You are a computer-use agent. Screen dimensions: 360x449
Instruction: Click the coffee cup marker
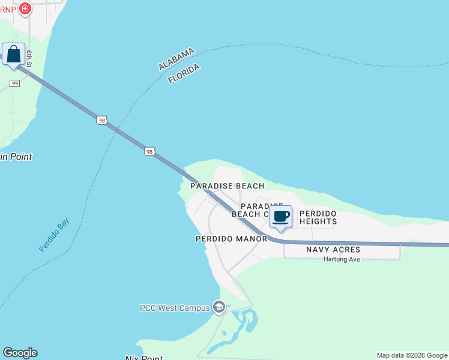[280, 217]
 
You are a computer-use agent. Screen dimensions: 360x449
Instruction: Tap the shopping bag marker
[13, 55]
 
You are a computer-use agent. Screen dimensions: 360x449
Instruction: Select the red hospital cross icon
[25, 8]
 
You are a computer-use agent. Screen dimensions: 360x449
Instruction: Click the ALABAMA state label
[176, 59]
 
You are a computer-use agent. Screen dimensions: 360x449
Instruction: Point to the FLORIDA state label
[184, 74]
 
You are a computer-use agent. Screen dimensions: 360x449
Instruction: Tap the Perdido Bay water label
[54, 235]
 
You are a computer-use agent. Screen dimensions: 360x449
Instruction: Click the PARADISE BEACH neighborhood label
[227, 186]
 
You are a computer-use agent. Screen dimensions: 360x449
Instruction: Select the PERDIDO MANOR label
[231, 239]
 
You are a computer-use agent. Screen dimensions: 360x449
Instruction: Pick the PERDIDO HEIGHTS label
[318, 217]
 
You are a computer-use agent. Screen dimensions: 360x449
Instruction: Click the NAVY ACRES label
[333, 249]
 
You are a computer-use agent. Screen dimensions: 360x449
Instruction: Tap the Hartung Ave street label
[342, 259]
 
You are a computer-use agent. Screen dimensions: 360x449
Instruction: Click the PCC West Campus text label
[175, 308]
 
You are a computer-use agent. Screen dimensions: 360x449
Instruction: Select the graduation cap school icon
[218, 308]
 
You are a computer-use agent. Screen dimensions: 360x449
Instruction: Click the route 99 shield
[15, 83]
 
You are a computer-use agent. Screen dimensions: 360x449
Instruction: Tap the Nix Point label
[143, 358]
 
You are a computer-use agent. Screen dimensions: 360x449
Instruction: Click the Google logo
[20, 353]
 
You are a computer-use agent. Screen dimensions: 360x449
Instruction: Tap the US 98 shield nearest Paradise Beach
[149, 151]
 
